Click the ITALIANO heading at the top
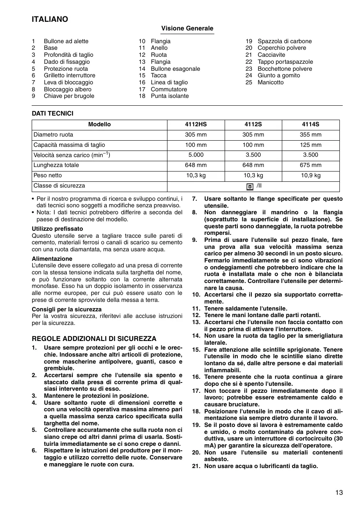(x=50, y=19)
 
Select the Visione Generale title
(x=187, y=28)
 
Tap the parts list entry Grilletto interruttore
(x=70, y=76)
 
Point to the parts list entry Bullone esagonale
(x=175, y=69)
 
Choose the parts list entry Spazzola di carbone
(x=285, y=41)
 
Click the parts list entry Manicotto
(x=270, y=82)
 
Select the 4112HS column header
(x=196, y=125)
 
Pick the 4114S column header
(x=311, y=125)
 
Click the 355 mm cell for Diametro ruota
(x=311, y=134)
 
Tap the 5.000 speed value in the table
(x=196, y=155)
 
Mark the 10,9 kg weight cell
(x=311, y=176)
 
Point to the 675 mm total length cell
(x=311, y=165)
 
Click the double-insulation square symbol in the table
(x=250, y=186)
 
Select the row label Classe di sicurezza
(x=59, y=186)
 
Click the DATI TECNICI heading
(x=53, y=114)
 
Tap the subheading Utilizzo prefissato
(x=57, y=228)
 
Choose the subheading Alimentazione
(x=52, y=259)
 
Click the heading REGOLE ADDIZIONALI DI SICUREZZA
(x=94, y=339)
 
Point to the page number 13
(x=339, y=493)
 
